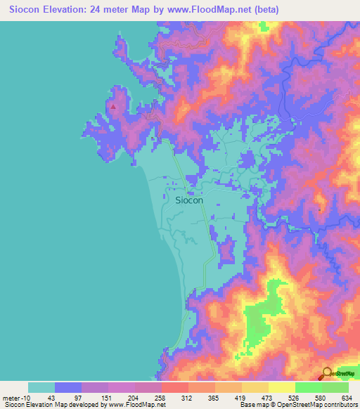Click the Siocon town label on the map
point(188,200)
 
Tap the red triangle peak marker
point(114,107)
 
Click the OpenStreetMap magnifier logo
point(328,373)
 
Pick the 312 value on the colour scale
point(188,397)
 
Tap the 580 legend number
point(321,397)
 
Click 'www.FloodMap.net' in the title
point(215,10)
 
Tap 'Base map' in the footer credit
point(253,405)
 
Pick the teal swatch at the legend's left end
point(41,387)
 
